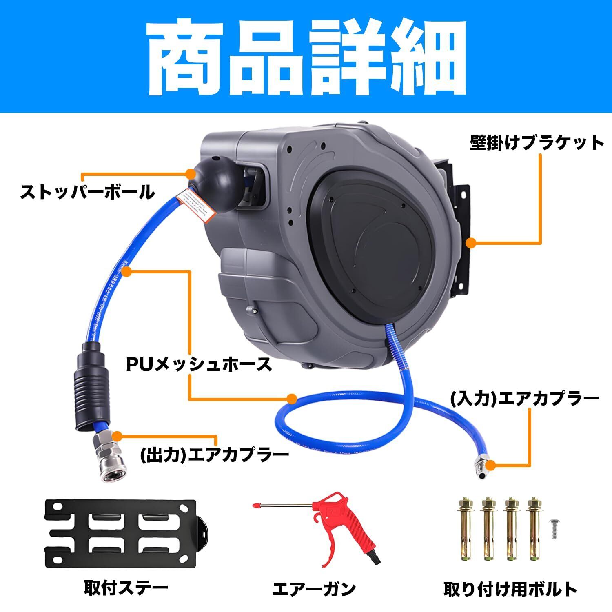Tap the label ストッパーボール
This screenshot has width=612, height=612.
[87, 191]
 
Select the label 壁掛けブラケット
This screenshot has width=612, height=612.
[537, 143]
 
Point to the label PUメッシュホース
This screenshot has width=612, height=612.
[199, 364]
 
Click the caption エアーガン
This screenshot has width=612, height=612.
[314, 589]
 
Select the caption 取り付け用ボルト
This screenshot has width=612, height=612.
[510, 589]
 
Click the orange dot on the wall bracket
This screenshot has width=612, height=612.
[471, 243]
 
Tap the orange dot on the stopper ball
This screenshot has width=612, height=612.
[190, 173]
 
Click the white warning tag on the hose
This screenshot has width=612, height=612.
[196, 205]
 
